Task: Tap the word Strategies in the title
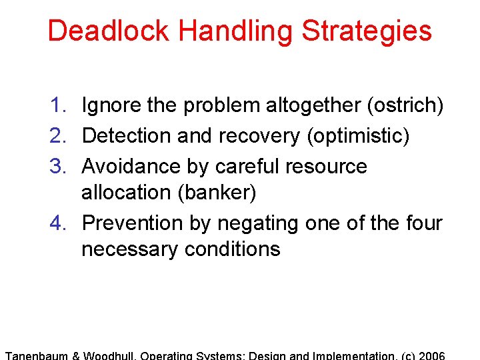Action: (367, 31)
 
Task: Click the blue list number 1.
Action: (57, 105)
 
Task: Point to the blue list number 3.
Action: (57, 166)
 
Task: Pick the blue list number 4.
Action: (57, 223)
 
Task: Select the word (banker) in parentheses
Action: (217, 193)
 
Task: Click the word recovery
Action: (258, 136)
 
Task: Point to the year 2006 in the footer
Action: (431, 355)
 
